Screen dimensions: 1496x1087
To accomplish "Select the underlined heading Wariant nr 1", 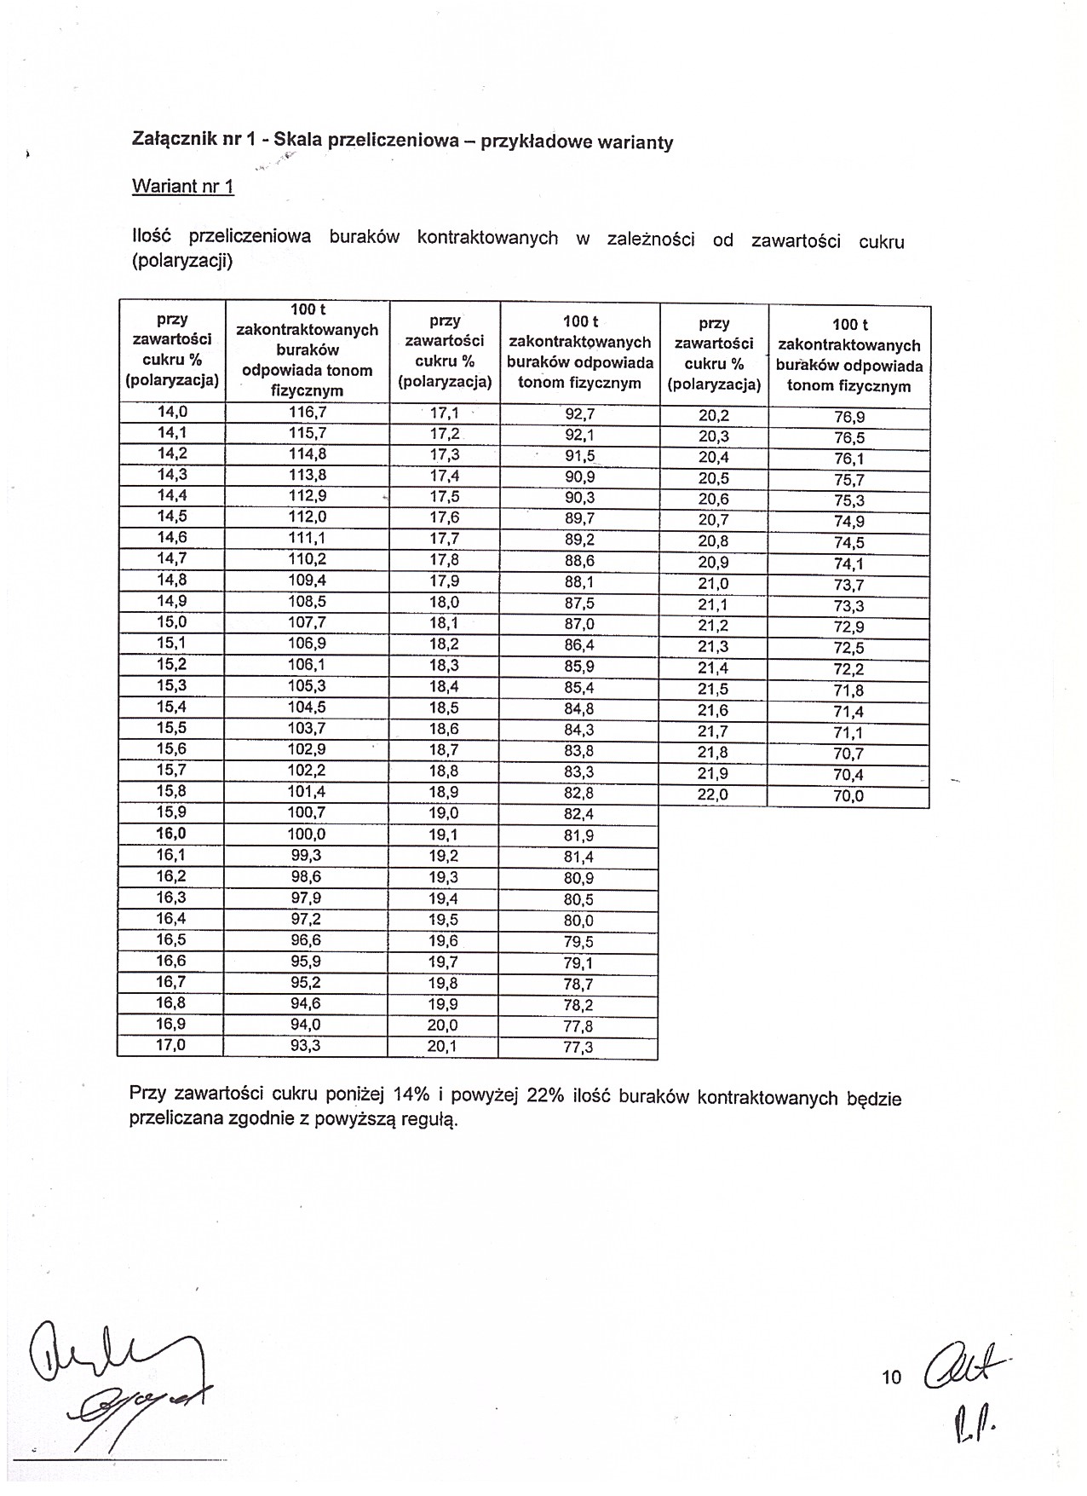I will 182,187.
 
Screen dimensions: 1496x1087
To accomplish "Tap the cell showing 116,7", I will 307,412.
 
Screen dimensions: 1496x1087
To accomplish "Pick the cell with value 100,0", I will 307,835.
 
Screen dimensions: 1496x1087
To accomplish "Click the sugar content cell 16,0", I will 171,834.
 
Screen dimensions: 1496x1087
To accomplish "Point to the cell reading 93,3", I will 305,1045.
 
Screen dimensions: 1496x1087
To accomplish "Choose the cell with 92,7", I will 579,415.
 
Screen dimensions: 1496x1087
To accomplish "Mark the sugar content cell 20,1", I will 443,1046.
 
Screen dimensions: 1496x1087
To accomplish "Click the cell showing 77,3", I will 578,1048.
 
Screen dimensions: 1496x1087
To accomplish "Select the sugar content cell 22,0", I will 713,794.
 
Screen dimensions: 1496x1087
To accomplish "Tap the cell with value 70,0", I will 848,796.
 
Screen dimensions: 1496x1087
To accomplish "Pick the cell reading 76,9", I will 849,418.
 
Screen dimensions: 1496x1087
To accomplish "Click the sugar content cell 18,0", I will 444,602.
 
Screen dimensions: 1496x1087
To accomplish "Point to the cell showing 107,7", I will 307,623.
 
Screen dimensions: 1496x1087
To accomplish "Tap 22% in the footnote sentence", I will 546,1096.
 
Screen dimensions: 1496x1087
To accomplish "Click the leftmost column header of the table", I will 172,349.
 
